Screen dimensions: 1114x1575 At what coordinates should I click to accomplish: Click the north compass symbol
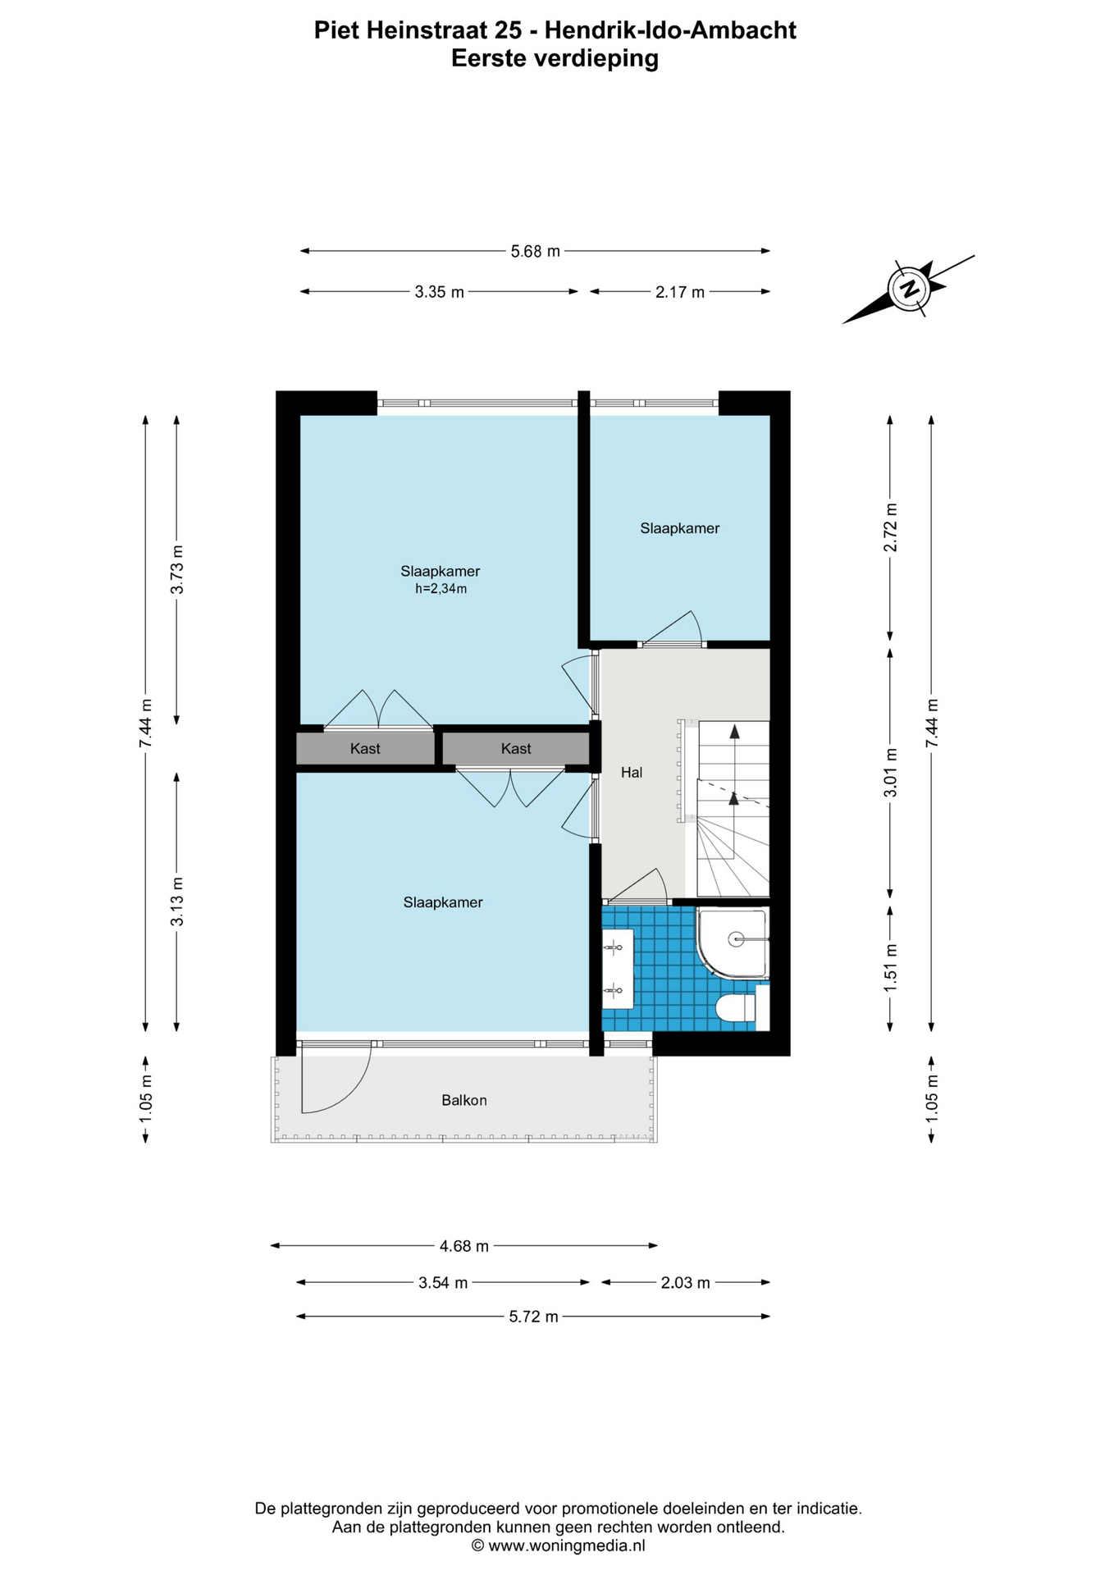coord(908,289)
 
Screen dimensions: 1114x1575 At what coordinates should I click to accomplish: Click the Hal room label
coord(631,772)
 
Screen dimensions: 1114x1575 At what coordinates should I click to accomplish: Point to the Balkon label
coord(464,1100)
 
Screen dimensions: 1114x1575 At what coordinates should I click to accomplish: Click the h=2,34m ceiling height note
coord(441,589)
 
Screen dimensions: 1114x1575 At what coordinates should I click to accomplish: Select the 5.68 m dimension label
coord(535,251)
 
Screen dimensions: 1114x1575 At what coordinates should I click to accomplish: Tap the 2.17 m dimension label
coord(679,292)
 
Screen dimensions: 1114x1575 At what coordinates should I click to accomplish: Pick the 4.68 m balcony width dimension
coord(463,1246)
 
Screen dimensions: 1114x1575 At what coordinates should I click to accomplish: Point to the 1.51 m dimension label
coord(890,968)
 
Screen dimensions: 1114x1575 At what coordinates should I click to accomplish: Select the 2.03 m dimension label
coord(685,1282)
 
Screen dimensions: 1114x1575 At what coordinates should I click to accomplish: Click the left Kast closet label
coord(365,748)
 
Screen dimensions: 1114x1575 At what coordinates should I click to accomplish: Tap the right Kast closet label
coord(516,748)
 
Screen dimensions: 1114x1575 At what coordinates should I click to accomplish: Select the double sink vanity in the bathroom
coord(618,969)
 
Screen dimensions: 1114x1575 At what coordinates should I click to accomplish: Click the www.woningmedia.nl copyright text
coord(558,1545)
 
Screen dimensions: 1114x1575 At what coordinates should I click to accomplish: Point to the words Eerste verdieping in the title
coord(555,58)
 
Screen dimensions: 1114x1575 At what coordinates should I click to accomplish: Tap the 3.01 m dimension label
coord(890,772)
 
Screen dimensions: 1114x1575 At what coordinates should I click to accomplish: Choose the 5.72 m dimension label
coord(533,1317)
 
